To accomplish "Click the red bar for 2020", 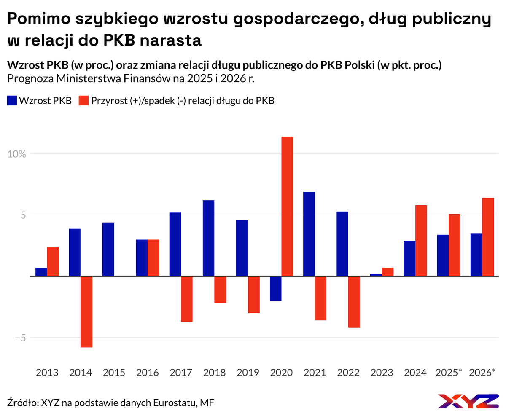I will coord(287,207).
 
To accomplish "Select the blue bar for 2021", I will coord(309,234).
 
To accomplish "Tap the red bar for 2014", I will coord(86,312).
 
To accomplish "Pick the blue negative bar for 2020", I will coord(275,289).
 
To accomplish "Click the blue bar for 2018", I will coord(208,238).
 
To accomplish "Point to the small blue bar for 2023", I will coord(376,275).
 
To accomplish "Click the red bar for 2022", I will coord(354,302).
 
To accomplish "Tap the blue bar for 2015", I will coord(108,249).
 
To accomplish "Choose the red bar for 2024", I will coord(421,241).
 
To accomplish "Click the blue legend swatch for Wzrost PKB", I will coord(12,100).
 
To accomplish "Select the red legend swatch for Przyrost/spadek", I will coord(84,100).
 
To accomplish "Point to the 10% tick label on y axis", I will coord(17,154).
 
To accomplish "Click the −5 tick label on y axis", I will coord(17,338).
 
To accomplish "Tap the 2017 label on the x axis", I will coord(181,373).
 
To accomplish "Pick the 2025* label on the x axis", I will coord(449,373).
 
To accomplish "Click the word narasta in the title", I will coord(170,40).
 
